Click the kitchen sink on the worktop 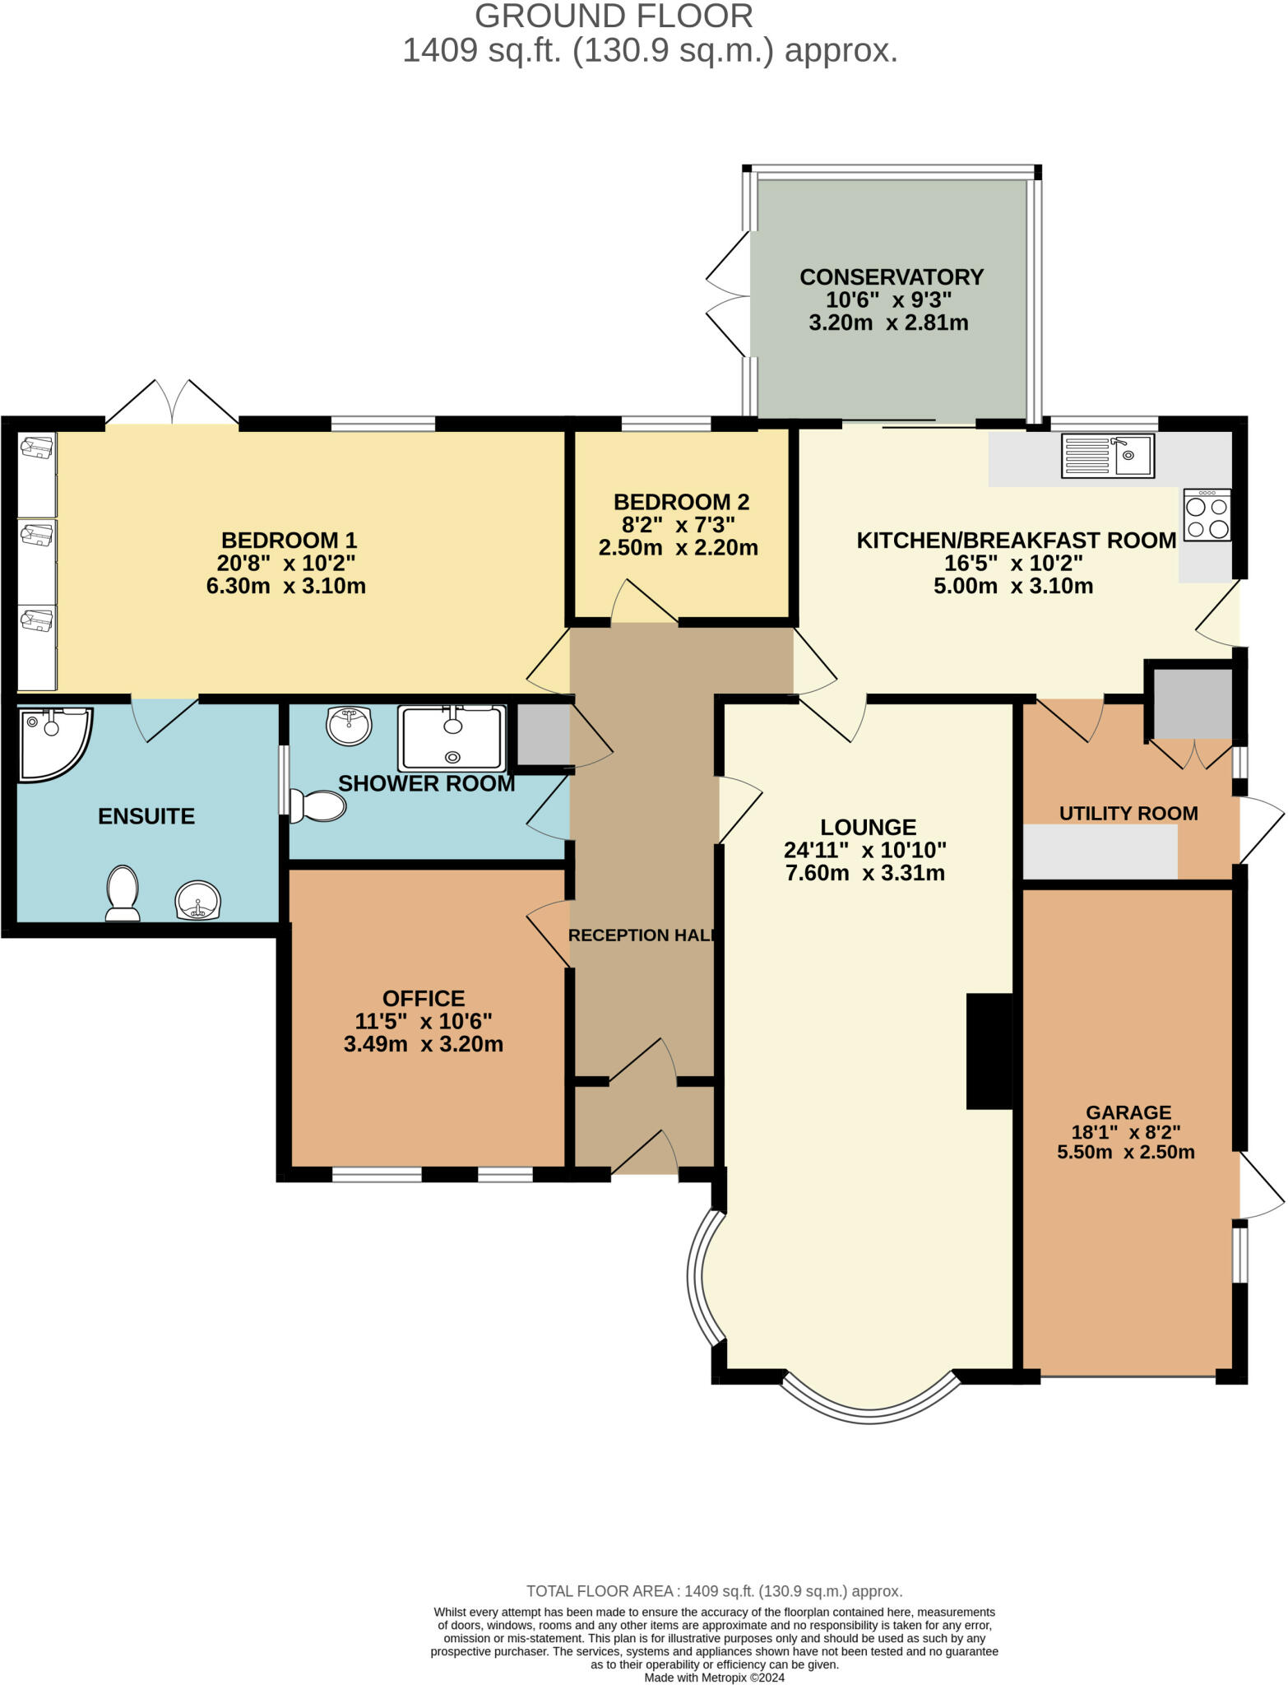1108,456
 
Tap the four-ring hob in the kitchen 1207,516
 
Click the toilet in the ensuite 123,893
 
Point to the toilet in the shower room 317,806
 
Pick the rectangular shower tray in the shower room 452,737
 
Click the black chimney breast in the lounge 989,1051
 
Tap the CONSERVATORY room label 892,276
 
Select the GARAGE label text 1128,1112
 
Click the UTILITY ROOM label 1128,814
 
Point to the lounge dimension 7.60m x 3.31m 865,873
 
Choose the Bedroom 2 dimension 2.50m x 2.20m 679,547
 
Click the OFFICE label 424,998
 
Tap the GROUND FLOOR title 614,16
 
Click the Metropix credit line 715,1677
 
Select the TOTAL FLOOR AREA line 715,1591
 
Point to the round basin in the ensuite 198,900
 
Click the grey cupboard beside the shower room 543,734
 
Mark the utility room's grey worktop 1100,852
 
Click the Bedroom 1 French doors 172,403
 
